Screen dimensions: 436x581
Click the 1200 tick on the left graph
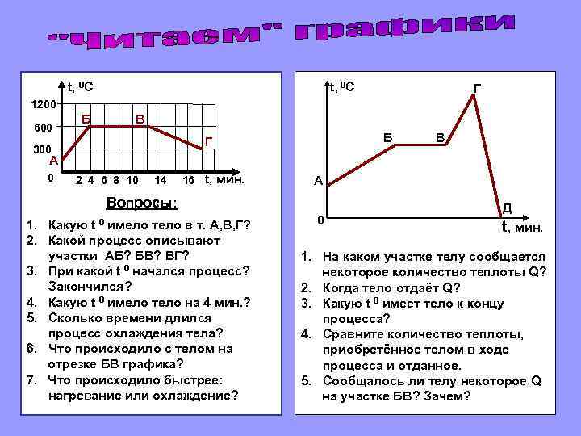pyautogui.click(x=42, y=105)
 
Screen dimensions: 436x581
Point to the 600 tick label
pyautogui.click(x=42, y=128)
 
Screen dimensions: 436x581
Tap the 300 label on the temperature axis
pyautogui.click(x=42, y=150)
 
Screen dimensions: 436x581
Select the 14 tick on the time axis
pyautogui.click(x=161, y=179)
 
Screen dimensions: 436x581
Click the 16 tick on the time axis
pyautogui.click(x=188, y=179)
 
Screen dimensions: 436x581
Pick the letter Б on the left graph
pyautogui.click(x=87, y=119)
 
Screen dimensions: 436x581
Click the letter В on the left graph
pyautogui.click(x=140, y=119)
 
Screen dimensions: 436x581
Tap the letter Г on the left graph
pyautogui.click(x=208, y=142)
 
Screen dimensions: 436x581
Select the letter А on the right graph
pyautogui.click(x=318, y=182)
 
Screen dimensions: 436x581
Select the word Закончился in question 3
pyautogui.click(x=86, y=285)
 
